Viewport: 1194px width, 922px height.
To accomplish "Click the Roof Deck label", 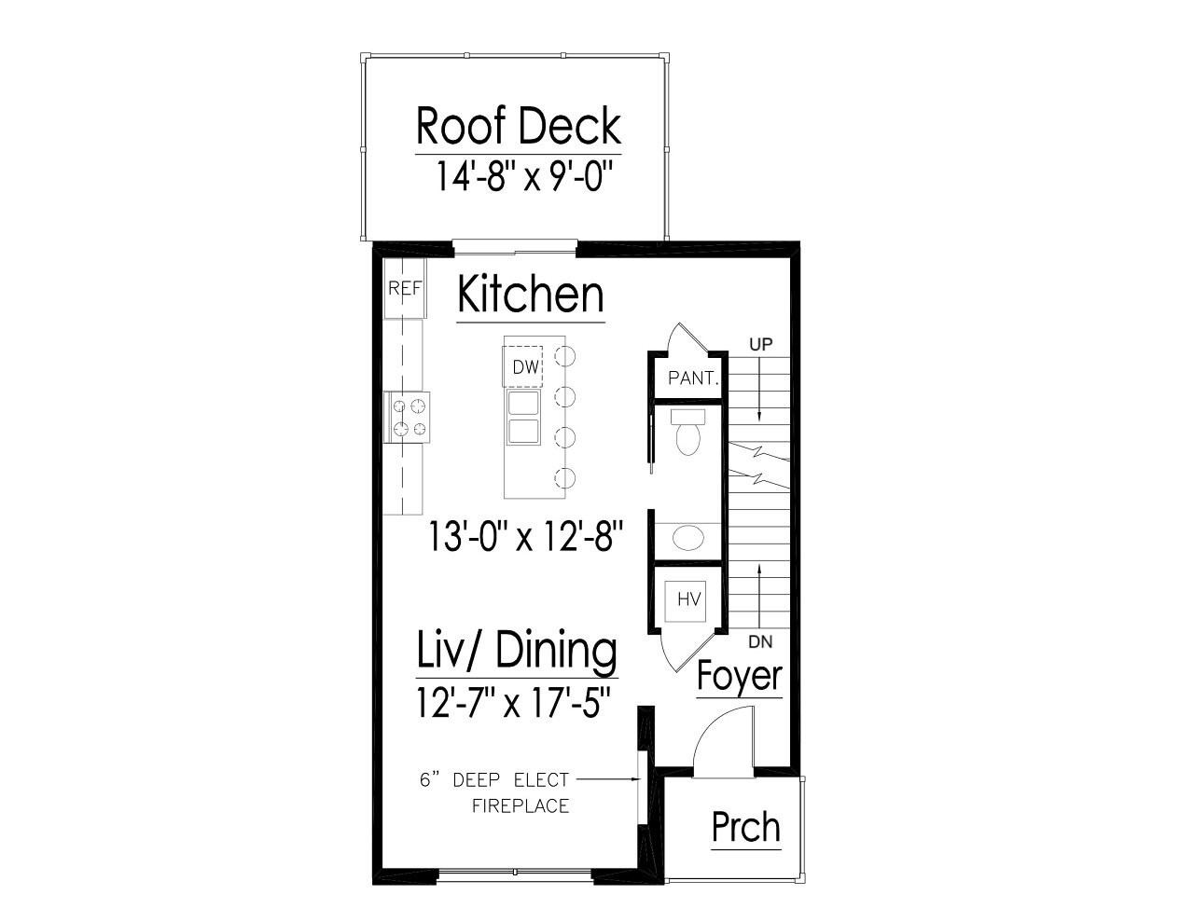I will (518, 126).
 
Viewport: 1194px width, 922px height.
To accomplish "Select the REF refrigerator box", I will (405, 289).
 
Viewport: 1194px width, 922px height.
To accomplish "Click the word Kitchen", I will (530, 295).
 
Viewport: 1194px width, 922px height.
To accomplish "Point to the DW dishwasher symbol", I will (525, 367).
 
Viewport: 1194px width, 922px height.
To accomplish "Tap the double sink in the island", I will (522, 417).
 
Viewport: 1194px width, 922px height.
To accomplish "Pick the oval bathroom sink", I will (689, 538).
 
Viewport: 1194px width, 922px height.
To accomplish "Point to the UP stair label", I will (761, 345).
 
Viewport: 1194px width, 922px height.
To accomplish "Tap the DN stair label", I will (760, 642).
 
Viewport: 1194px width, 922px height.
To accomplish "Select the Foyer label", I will (739, 676).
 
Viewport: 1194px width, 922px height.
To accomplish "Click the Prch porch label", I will (745, 827).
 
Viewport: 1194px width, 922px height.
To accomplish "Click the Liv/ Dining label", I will (516, 651).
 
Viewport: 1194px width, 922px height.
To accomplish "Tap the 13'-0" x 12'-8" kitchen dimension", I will (525, 536).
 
